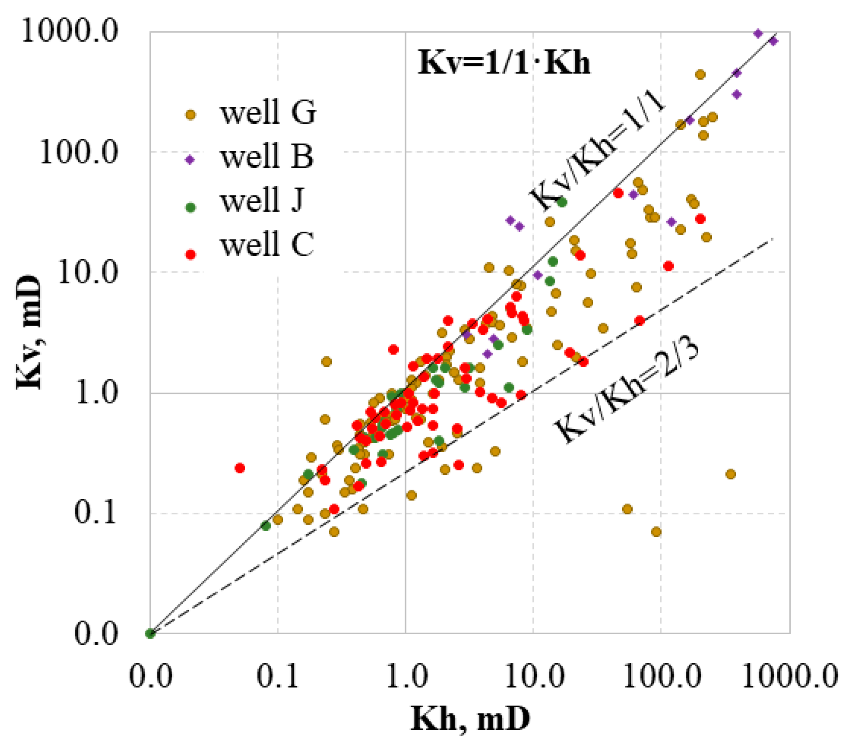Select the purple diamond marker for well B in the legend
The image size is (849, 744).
[190, 160]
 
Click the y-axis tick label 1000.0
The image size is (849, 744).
[70, 31]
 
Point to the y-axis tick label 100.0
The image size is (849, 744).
[79, 153]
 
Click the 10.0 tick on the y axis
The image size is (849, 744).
[87, 272]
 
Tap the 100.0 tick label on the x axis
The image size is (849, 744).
[661, 676]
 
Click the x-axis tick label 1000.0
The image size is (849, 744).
[790, 676]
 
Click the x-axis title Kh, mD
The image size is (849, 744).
[470, 719]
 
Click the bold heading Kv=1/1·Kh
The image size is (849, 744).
[504, 63]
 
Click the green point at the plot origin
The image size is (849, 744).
[150, 633]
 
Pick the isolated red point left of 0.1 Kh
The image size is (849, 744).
[240, 468]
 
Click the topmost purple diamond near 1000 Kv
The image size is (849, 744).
[759, 34]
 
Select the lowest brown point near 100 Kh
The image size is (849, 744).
[656, 532]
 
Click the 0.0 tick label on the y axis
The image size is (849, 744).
[96, 634]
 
